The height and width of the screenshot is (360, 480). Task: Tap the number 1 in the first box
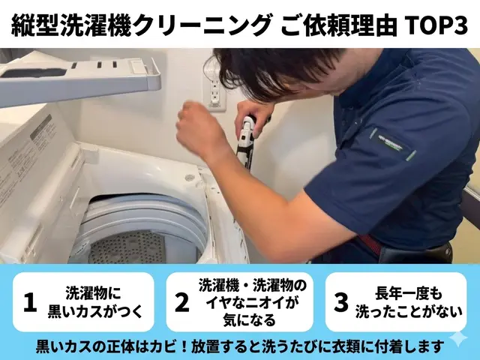[30, 302]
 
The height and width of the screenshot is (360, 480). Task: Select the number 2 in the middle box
[181, 302]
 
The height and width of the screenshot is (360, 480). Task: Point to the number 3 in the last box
[341, 302]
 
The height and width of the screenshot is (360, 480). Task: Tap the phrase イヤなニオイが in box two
[253, 302]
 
